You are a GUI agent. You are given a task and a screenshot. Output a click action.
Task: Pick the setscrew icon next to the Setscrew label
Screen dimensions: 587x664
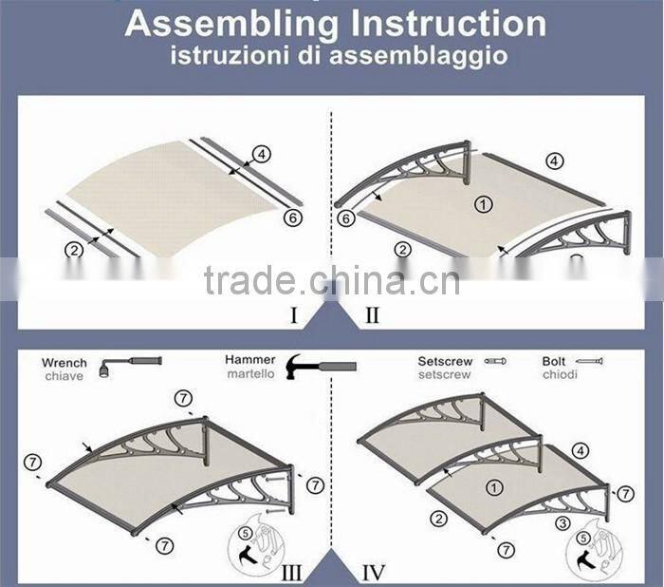pyautogui.click(x=494, y=361)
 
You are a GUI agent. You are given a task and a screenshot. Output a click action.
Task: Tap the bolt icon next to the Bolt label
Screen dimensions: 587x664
pyautogui.click(x=590, y=361)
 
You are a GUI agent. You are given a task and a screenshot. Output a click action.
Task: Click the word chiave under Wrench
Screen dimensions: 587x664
pyautogui.click(x=63, y=376)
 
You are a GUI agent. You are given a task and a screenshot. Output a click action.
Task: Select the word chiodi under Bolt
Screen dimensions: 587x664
pyautogui.click(x=558, y=375)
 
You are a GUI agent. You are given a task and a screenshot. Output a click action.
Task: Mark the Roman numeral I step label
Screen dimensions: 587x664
pyautogui.click(x=294, y=314)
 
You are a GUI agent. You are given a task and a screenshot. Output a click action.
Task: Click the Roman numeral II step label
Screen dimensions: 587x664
pyautogui.click(x=372, y=314)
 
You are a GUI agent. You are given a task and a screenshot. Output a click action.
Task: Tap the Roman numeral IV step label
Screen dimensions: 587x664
pyautogui.click(x=374, y=572)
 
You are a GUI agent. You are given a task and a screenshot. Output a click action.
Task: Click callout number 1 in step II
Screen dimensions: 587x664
pyautogui.click(x=484, y=204)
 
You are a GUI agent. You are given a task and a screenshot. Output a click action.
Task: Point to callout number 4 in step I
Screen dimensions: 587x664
pyautogui.click(x=263, y=152)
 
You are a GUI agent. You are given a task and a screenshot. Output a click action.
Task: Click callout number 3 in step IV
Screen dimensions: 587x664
pyautogui.click(x=563, y=523)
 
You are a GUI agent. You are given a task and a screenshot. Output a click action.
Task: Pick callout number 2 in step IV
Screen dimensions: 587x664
pyautogui.click(x=438, y=519)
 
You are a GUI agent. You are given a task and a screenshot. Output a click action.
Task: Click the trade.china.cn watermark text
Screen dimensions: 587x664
pyautogui.click(x=331, y=281)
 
